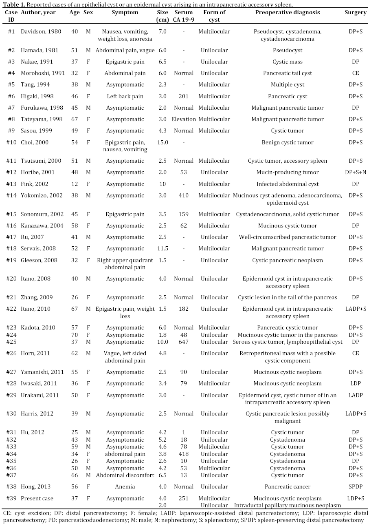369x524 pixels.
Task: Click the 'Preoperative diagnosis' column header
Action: coord(287,12)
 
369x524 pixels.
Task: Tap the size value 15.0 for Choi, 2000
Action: coord(162,142)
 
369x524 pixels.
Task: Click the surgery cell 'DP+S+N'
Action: coord(355,172)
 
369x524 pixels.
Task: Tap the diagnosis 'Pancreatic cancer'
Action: coord(287,486)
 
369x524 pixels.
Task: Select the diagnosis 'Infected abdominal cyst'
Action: coord(287,184)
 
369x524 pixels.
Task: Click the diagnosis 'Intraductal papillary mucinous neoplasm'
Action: coord(287,506)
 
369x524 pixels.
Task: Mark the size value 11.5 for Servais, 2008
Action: coord(162,248)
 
